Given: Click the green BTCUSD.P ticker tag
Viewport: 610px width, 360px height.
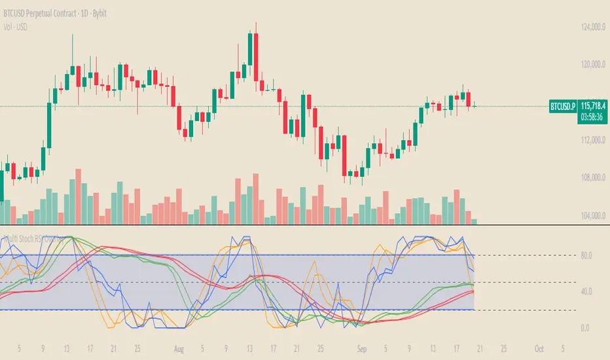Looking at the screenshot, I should click(x=562, y=105).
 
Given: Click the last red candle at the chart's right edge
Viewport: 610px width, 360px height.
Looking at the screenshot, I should click(x=469, y=99).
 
